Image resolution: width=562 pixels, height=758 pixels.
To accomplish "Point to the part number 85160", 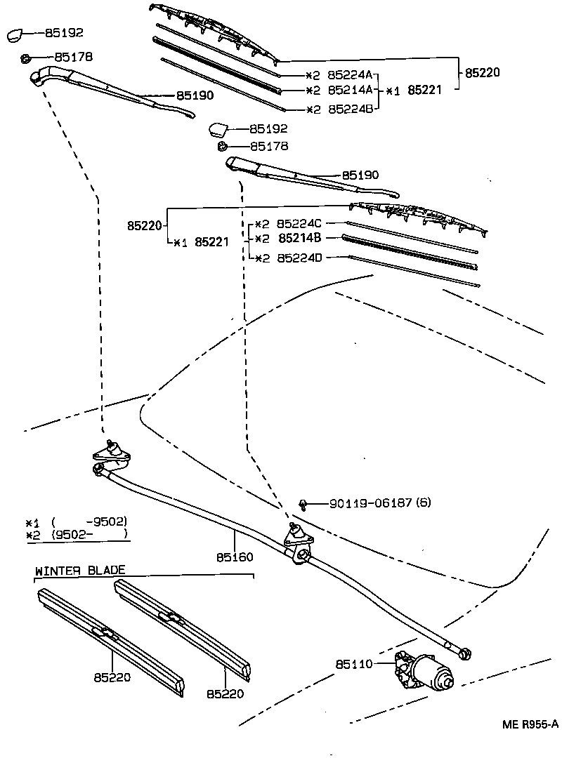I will coord(235,557).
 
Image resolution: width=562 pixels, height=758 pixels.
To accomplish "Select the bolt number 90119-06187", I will coord(370,503).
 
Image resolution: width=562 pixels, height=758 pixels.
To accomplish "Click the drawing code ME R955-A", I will coord(530,724).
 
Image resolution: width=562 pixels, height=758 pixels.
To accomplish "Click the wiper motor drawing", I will coord(424,670).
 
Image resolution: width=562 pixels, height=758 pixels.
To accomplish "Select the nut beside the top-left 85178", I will coord(26,57).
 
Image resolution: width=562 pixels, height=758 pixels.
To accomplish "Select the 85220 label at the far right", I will coord(485,72).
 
